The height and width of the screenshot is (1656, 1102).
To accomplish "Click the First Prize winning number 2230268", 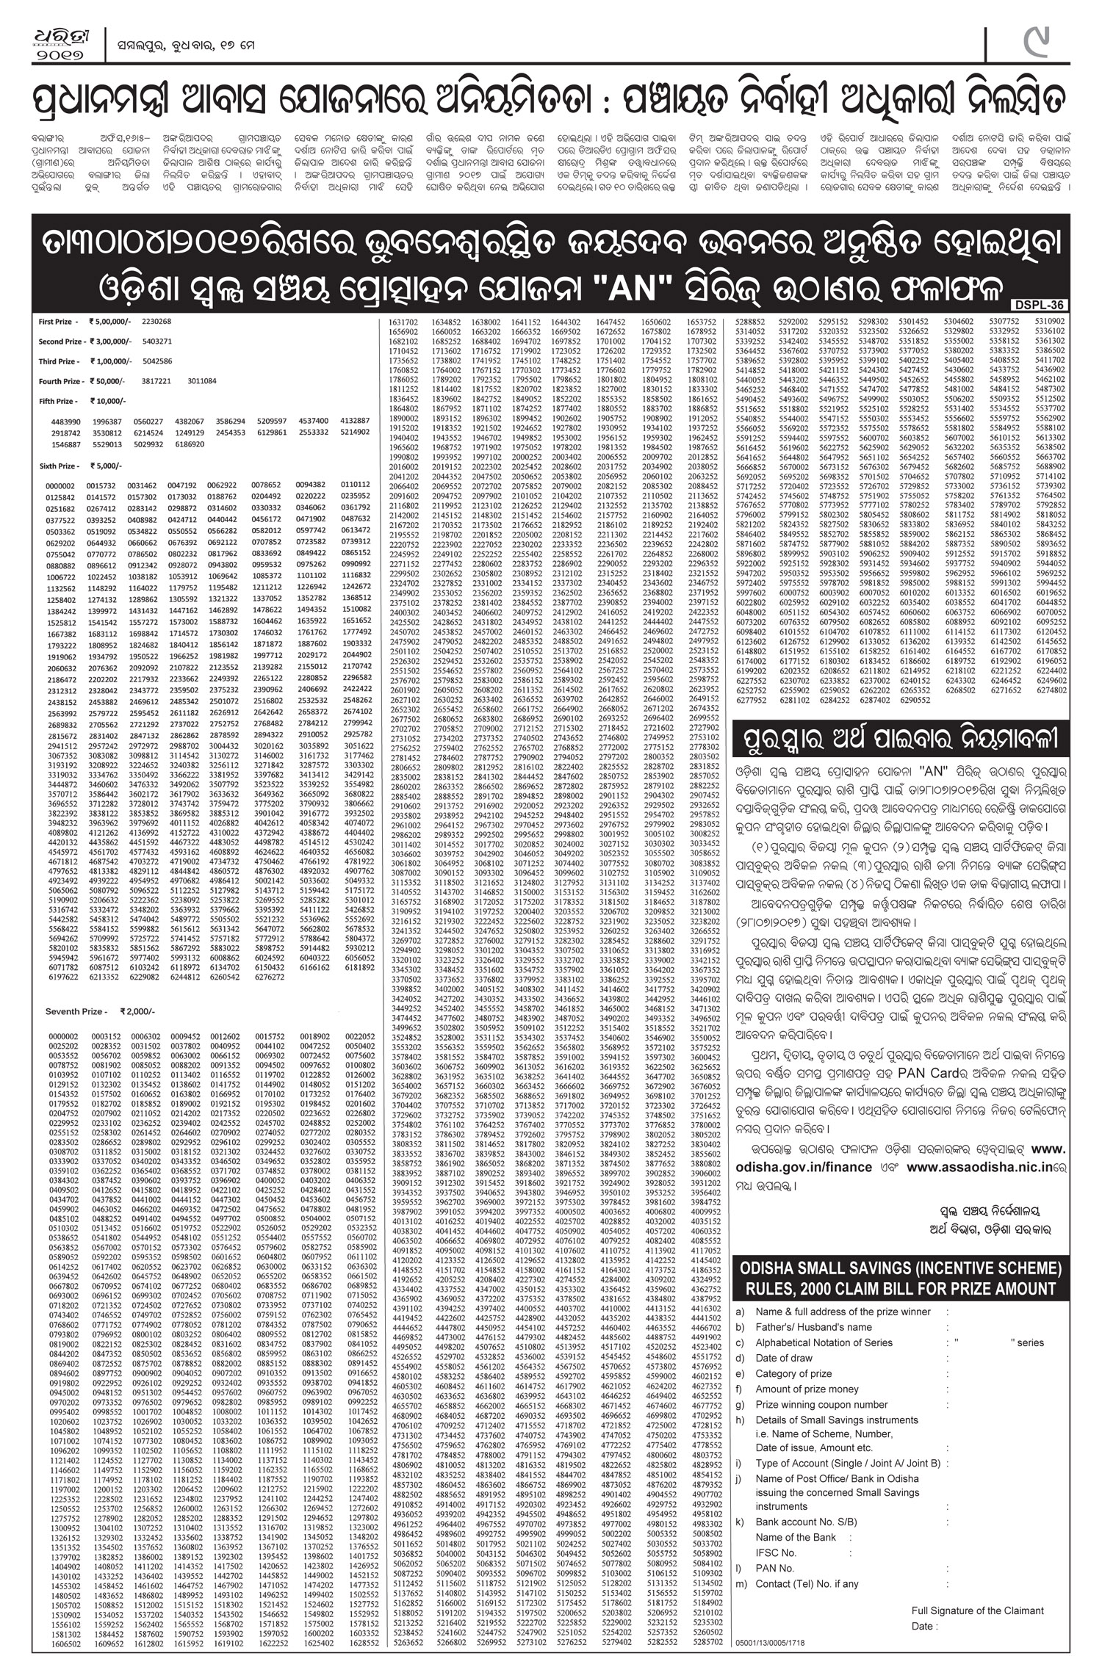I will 156,322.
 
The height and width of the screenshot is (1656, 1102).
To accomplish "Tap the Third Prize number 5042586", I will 157,361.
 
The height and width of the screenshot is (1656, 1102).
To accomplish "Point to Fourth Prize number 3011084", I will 201,381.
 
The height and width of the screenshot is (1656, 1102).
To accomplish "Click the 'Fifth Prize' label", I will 57,401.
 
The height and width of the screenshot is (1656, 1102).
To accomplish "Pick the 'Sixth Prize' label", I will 58,466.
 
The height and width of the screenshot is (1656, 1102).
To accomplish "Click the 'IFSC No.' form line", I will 776,1552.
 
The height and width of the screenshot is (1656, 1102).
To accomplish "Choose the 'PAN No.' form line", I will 775,1568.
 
